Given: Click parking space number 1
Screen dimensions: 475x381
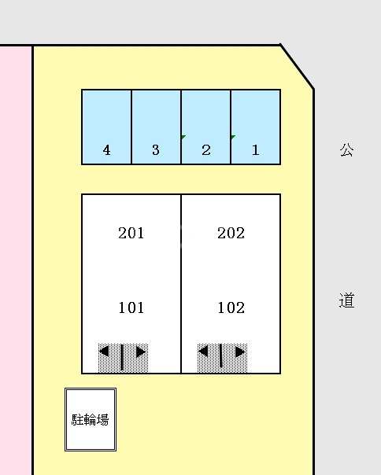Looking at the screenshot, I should click(x=256, y=127).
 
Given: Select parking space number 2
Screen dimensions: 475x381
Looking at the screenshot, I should click(x=206, y=127).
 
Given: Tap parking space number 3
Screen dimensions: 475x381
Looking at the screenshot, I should click(x=156, y=127).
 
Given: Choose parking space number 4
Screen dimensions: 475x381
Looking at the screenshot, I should click(x=106, y=127).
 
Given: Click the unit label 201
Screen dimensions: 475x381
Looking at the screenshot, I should click(x=131, y=233).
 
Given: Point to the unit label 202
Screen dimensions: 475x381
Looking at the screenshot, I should click(x=231, y=233).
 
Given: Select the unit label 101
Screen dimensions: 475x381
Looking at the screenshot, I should click(x=131, y=307).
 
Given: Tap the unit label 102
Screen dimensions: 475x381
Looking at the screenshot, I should click(x=231, y=307).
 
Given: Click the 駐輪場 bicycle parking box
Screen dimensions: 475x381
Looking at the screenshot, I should click(x=91, y=419).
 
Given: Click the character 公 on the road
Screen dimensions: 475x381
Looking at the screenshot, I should click(x=347, y=149).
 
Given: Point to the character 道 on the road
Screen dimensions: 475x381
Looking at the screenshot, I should click(x=347, y=300).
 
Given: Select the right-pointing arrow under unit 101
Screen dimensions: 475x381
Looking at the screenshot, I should click(x=140, y=352).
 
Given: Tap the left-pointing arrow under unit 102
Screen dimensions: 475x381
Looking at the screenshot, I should click(x=204, y=352).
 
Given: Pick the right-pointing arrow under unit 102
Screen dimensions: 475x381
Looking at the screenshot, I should click(x=239, y=352).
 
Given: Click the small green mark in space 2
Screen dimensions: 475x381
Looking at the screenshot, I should click(x=183, y=137).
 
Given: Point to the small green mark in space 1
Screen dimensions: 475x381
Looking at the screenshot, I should click(x=233, y=137).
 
